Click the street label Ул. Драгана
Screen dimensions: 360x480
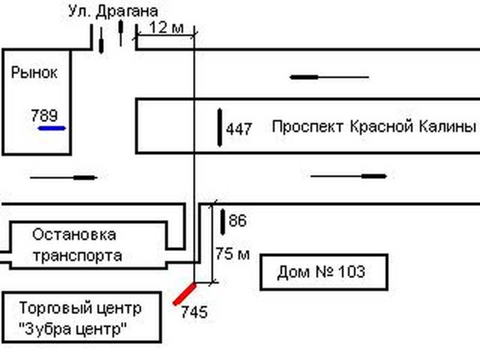coord(114,11)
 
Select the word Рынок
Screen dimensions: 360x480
coord(34,73)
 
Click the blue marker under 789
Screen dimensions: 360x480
coord(52,128)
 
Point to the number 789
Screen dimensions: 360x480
coord(44,115)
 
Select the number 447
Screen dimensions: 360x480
coord(239,128)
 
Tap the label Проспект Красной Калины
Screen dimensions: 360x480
coord(374,127)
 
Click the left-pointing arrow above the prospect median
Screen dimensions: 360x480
coord(329,77)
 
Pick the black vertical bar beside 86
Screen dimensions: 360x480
coord(223,221)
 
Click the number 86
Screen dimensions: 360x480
coord(238,221)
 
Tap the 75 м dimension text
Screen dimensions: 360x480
coord(232,254)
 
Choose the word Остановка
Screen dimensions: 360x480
coord(74,233)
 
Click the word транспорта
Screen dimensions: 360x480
coord(77,256)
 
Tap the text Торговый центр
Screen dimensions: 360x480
coord(80,308)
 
